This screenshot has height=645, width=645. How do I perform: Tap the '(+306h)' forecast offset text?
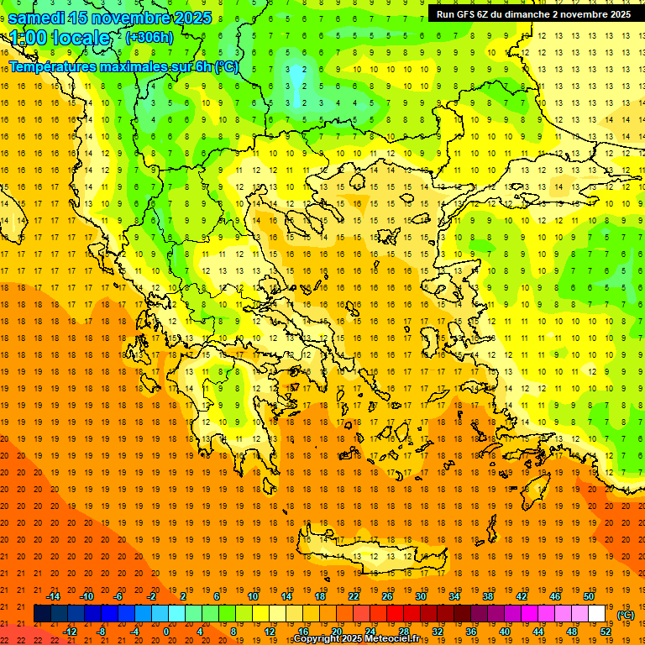(149, 37)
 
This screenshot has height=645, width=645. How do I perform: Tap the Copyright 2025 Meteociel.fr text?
(357, 639)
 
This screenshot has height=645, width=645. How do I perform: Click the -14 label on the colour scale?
(53, 596)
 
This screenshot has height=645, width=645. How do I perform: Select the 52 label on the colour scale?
(606, 631)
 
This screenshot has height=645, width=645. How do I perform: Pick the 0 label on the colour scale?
(166, 631)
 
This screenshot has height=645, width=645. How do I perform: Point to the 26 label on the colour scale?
(387, 596)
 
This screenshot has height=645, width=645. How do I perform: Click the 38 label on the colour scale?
(487, 596)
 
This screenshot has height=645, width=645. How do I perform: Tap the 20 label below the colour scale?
(336, 631)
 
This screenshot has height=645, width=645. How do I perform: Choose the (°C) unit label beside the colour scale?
(626, 615)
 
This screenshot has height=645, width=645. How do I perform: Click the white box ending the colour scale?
(596, 613)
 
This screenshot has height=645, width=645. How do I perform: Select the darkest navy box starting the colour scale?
(42, 613)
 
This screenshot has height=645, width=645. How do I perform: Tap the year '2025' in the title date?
(191, 18)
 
